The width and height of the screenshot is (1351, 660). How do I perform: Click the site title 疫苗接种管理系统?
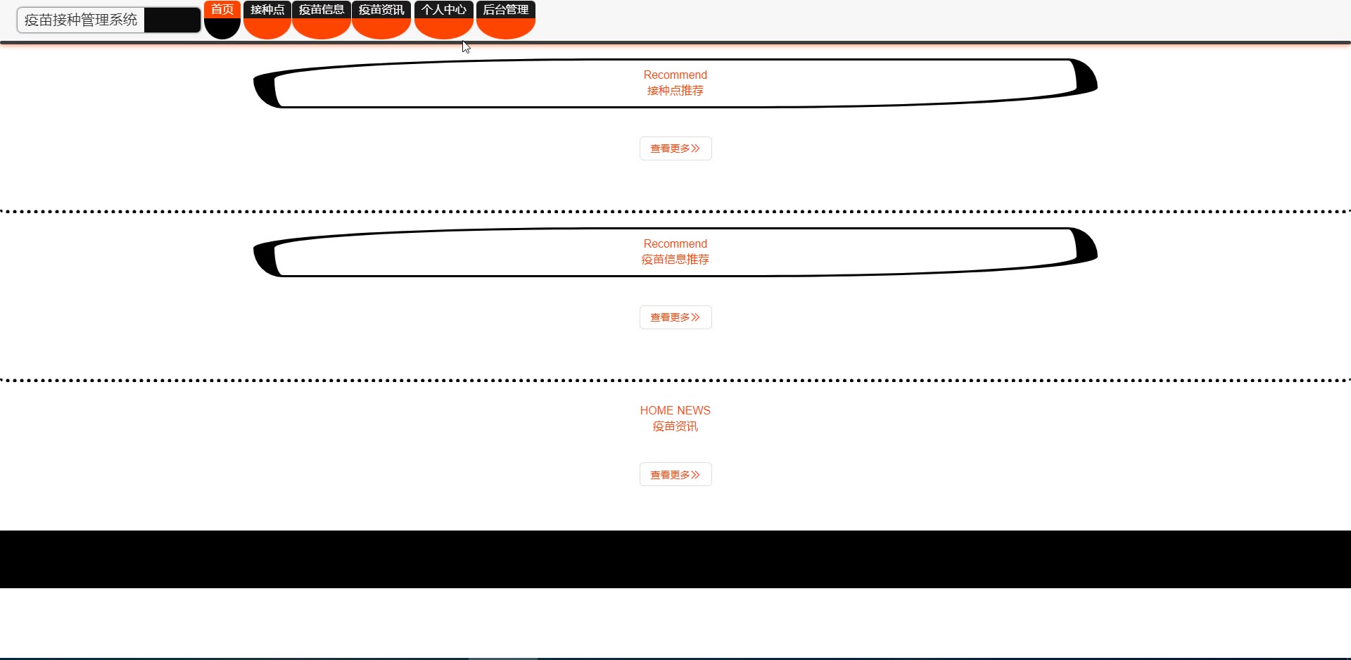[x=81, y=20]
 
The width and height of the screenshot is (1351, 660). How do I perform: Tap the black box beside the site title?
[x=172, y=20]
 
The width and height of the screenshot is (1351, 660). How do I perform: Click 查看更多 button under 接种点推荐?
[x=675, y=148]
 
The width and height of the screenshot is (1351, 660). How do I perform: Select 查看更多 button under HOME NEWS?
[x=675, y=474]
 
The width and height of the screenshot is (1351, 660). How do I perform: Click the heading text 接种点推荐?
[x=675, y=91]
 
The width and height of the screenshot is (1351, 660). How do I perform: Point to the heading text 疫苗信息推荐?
[x=675, y=260]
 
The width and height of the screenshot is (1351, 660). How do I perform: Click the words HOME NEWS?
[x=675, y=410]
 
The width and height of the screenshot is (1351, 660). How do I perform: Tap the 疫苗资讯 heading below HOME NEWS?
[x=675, y=426]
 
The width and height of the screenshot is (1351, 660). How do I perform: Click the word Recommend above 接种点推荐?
[x=675, y=75]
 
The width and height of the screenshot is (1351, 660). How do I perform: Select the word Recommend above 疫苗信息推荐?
[x=675, y=243]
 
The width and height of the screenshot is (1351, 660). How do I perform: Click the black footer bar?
[x=675, y=559]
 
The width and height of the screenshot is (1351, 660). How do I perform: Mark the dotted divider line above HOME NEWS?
[x=675, y=380]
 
